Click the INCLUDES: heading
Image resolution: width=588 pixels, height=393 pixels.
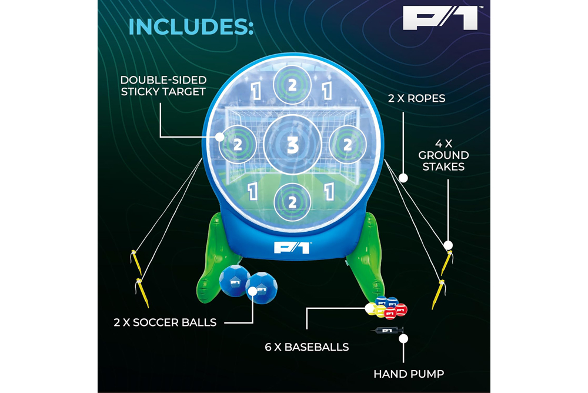[x=191, y=26]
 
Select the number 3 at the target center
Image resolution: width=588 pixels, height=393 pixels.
[x=292, y=145]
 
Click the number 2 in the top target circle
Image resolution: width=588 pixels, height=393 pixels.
[x=292, y=85]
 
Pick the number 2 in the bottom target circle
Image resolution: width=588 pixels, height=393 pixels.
[x=292, y=203]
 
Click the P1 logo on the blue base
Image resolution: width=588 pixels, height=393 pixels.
[x=293, y=247]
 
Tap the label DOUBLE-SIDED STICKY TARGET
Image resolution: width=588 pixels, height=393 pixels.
[x=163, y=85]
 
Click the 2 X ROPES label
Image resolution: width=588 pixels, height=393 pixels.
[x=417, y=98]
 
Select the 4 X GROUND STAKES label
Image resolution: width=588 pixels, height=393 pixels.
[x=443, y=155]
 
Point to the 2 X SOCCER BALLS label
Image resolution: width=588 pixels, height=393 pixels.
[x=165, y=322]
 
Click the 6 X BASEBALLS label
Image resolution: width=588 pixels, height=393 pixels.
[x=307, y=347]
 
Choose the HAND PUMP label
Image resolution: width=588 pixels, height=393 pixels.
[x=409, y=374]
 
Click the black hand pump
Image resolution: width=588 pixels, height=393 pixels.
[x=387, y=331]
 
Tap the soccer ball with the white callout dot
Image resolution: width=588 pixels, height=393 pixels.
[x=262, y=288]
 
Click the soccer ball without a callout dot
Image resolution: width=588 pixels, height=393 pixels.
[x=235, y=281]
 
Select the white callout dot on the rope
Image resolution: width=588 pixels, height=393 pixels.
[x=403, y=178]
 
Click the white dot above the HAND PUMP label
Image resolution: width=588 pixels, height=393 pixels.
[x=403, y=338]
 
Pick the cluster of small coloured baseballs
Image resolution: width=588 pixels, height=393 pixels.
[x=386, y=308]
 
